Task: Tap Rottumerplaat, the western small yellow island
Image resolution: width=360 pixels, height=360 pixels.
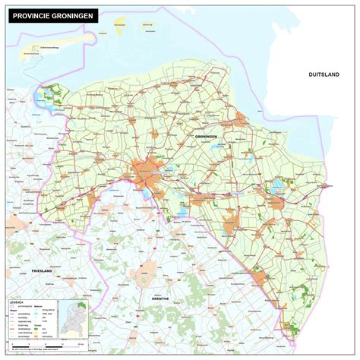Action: point(116,24)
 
